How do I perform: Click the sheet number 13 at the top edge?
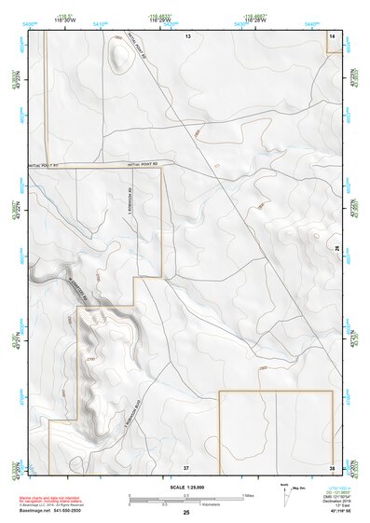pos(186,34)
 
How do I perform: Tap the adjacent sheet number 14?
pos(332,34)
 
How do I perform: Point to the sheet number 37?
pos(186,466)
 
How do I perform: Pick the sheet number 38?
pos(332,466)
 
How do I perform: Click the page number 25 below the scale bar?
pos(186,512)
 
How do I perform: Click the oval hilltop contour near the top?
pos(119,57)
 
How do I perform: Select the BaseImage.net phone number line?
pos(48,512)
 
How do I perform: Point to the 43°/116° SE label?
pos(327,511)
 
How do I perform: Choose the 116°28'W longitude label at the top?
pos(252,20)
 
